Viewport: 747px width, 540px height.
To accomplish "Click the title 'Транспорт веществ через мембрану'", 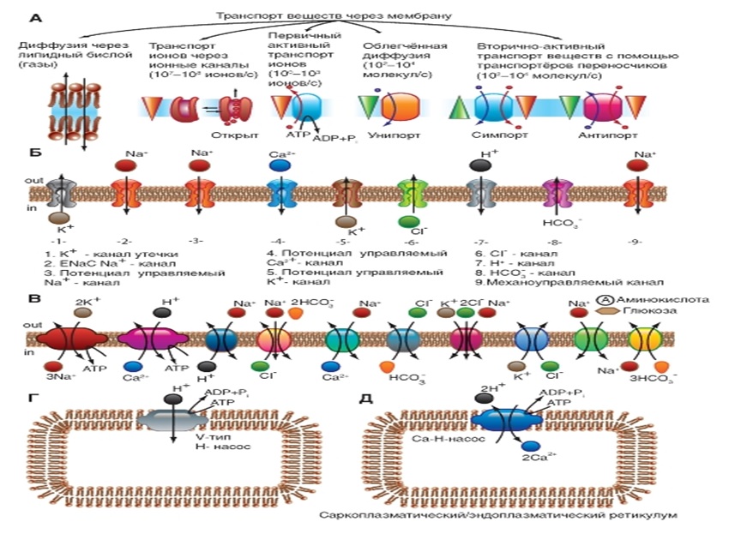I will pyautogui.click(x=334, y=16).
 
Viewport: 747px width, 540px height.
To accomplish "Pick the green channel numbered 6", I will pyautogui.click(x=411, y=192).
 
